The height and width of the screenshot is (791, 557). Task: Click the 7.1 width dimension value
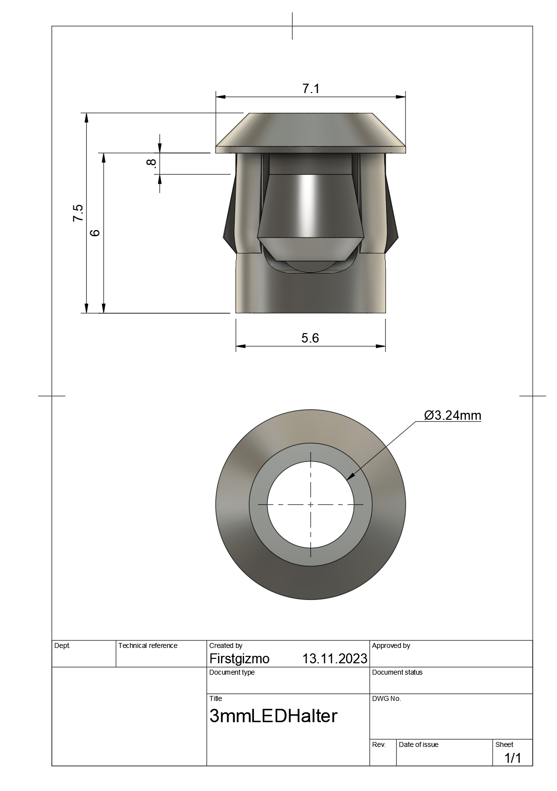tap(310, 89)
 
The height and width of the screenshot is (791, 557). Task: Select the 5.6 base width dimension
tap(310, 338)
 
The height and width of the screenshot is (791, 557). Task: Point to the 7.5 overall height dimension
tap(78, 213)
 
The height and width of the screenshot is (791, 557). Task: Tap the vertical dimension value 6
tap(96, 232)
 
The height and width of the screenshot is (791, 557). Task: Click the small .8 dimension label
tap(152, 163)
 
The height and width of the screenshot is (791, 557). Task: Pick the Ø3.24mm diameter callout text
tap(453, 415)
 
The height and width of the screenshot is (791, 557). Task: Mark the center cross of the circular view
tap(310, 504)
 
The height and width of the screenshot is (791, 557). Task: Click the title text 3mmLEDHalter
tap(273, 716)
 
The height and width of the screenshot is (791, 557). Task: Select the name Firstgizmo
tap(239, 659)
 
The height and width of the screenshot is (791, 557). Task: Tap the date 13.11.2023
tap(335, 659)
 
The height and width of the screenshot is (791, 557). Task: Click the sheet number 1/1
tap(512, 758)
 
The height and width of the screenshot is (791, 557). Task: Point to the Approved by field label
tap(391, 645)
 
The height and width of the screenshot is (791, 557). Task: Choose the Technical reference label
tap(148, 645)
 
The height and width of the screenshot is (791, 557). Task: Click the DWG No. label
tap(386, 698)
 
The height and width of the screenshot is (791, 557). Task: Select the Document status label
tap(397, 672)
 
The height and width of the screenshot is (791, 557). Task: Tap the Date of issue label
tap(418, 744)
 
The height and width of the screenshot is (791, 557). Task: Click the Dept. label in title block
tap(62, 645)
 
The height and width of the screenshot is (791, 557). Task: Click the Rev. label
tap(378, 744)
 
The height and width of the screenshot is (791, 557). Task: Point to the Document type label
tap(232, 672)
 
